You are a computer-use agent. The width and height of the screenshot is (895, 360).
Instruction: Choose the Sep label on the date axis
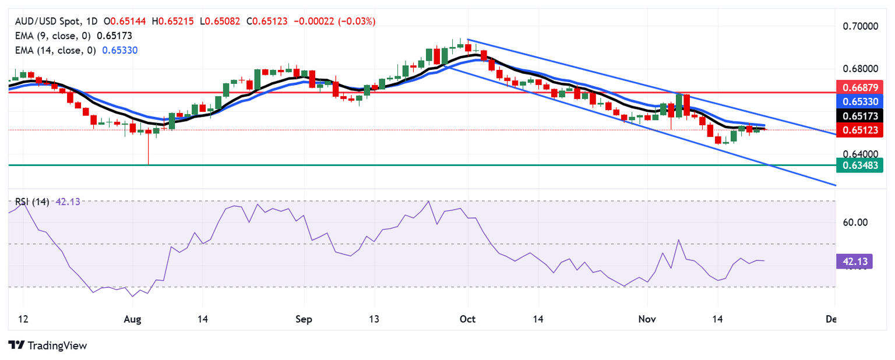pos(304,319)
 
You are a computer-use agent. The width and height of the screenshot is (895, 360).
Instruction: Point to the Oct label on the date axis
pos(468,319)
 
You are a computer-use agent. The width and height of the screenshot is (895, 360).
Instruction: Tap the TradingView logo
pos(48,345)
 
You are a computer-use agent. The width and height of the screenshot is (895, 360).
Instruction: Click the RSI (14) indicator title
pos(31,202)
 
